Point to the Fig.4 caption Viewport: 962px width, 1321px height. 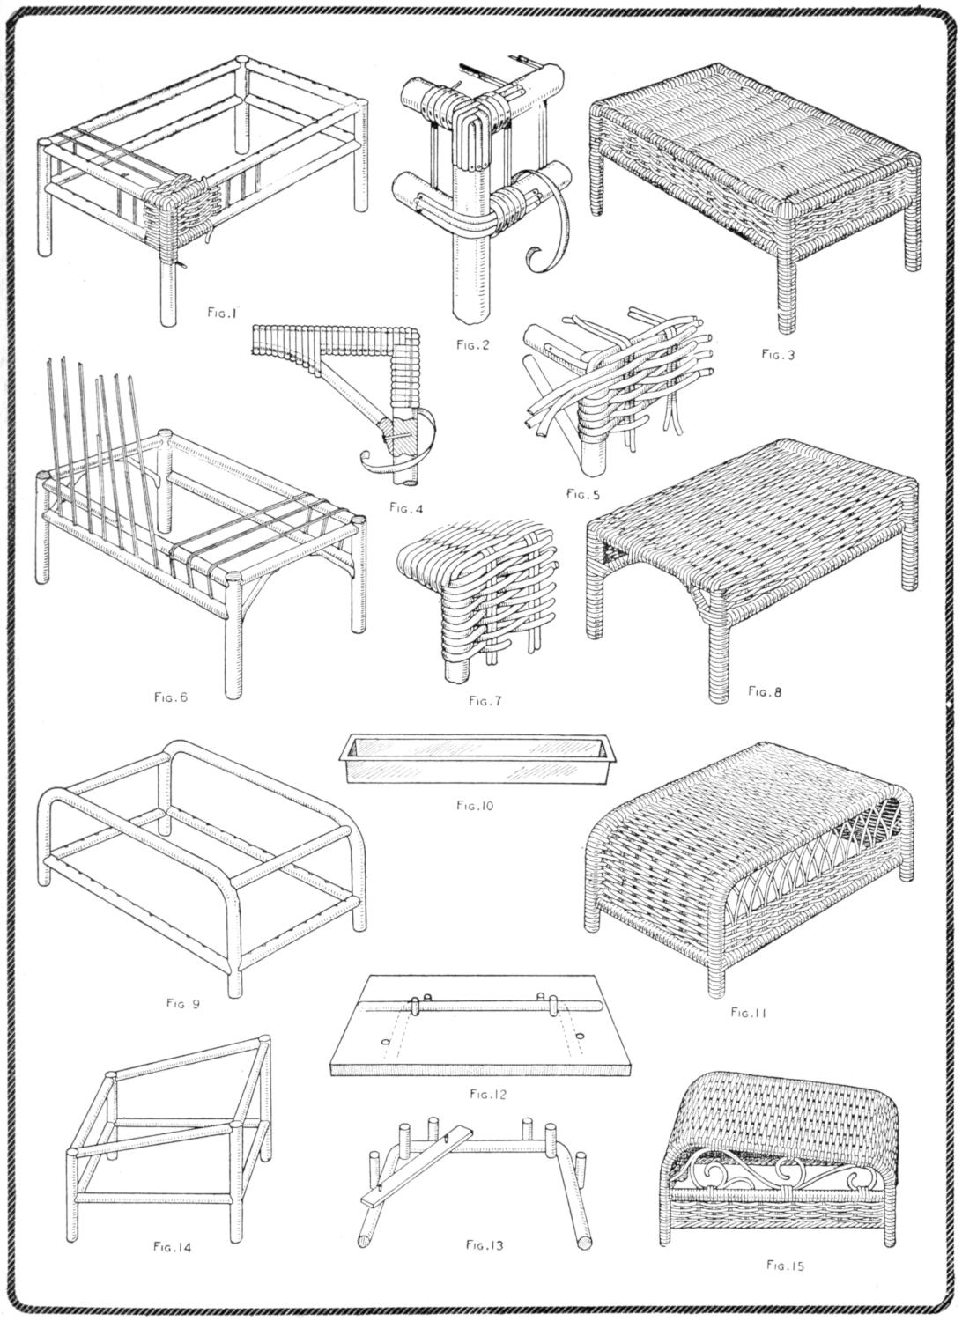(404, 506)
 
